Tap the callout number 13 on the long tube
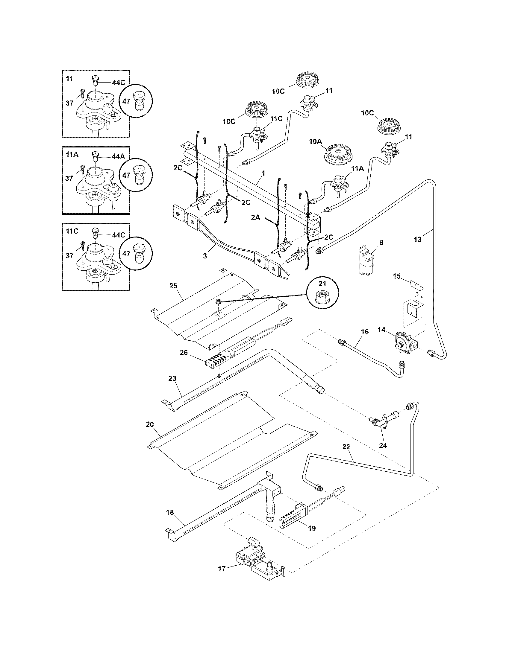[418, 240]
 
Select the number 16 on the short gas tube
[365, 332]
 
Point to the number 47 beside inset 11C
[126, 254]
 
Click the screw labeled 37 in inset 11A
[82, 170]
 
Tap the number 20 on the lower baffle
[150, 424]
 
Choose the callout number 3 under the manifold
[205, 256]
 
